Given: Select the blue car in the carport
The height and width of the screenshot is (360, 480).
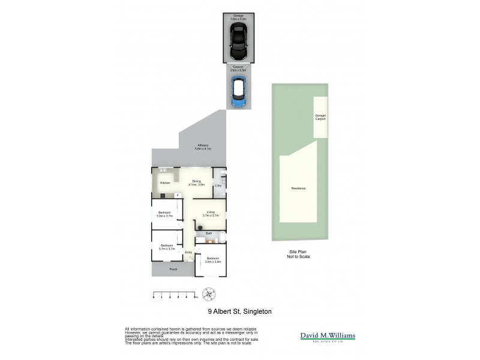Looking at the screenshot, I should click(x=238, y=93).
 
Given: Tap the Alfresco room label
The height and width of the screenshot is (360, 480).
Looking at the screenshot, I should click(x=204, y=147).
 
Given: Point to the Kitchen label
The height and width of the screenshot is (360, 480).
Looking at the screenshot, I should click(x=165, y=182).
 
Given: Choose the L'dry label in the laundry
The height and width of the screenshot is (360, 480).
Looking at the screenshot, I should click(x=218, y=186).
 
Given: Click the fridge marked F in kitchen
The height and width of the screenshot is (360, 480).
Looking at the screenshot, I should click(x=178, y=196).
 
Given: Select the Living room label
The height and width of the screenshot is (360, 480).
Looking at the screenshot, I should click(x=211, y=213).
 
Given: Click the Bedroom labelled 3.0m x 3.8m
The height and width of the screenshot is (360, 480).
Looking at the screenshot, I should click(x=213, y=260).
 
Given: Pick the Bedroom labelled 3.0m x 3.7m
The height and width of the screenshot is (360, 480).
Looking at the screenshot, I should click(x=165, y=214).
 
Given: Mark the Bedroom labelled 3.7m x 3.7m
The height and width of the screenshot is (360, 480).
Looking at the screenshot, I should click(x=166, y=247).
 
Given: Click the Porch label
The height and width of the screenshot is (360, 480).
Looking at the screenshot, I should click(x=173, y=269).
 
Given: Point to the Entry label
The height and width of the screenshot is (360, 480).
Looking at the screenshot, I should click(x=188, y=252).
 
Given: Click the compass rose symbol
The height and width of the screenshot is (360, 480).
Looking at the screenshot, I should click(x=209, y=294).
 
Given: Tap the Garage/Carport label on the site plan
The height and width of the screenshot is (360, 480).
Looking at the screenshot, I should click(x=320, y=117).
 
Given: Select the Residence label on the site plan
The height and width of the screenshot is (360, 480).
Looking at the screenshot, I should click(x=298, y=188).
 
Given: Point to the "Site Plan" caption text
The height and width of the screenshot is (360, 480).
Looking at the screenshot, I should click(x=298, y=252).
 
